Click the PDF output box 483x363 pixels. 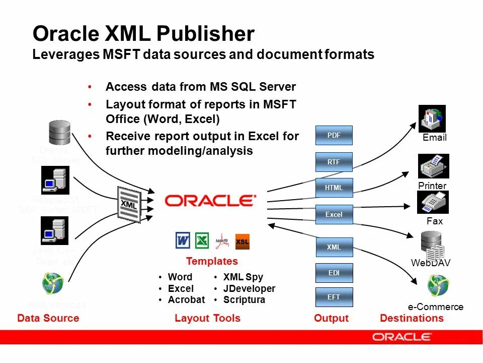334,135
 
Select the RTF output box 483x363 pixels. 334,162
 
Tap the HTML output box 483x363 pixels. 334,188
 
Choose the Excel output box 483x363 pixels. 334,214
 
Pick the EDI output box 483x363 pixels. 334,273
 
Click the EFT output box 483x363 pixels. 334,297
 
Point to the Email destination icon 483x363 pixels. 432,119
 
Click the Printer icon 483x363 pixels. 433,166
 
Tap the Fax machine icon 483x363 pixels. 433,202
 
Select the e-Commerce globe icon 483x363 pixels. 438,285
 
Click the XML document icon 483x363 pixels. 129,204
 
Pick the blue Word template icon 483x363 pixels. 183,240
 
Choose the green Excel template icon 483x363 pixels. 202,240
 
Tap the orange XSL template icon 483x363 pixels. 242,241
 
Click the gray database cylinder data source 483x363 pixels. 59,132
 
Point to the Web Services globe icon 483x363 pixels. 53,283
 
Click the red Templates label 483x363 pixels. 212,261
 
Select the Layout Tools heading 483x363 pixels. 207,318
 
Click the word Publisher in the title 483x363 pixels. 205,34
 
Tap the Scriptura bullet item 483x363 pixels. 244,300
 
